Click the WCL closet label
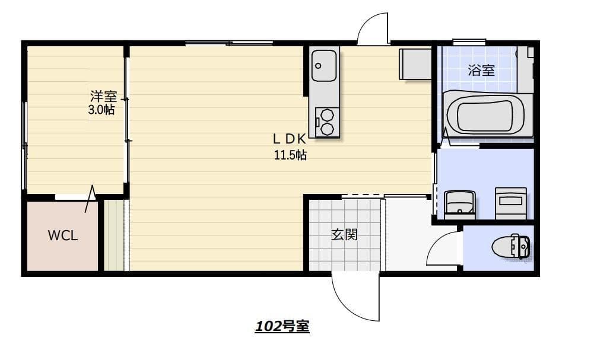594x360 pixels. coord(63,235)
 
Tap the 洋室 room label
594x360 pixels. coord(103,96)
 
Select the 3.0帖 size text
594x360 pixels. coord(101,110)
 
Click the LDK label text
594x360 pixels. coord(290,139)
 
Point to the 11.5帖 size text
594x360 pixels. coord(291,155)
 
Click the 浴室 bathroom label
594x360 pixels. coord(481,70)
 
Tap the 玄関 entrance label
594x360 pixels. coord(345,235)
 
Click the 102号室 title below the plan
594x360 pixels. coord(282,326)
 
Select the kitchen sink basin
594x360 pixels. coord(324,65)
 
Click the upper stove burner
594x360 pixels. coord(326,114)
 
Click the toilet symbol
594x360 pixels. coord(511,247)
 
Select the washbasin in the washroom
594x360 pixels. coord(459,205)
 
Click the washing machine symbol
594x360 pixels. coord(511,203)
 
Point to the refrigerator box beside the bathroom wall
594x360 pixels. coord(415,63)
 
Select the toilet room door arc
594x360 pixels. coord(436,242)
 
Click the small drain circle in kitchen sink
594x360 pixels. coord(318,66)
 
